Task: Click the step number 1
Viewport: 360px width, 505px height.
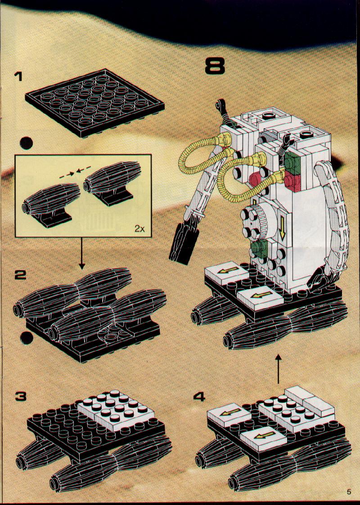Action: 18,77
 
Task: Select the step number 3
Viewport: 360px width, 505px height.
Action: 20,396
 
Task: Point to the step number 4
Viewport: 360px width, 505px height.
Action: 199,396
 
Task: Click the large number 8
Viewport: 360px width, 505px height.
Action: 214,66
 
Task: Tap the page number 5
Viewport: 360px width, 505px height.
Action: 349,492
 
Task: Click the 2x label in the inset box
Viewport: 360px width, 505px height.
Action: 139,228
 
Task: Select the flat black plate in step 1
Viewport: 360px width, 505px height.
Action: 94,101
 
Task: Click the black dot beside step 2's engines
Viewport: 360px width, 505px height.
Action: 27,338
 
